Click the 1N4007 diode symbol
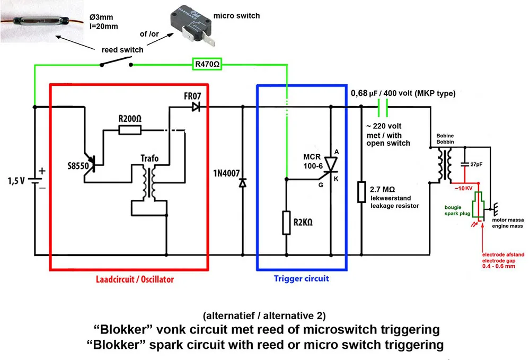pos(243,183)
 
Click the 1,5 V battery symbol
pos(36,180)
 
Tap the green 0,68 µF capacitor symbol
pos(383,107)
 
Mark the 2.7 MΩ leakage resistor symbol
pos(361,192)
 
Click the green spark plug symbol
pos(479,206)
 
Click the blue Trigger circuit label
pos(301,278)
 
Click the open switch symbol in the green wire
pos(115,64)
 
